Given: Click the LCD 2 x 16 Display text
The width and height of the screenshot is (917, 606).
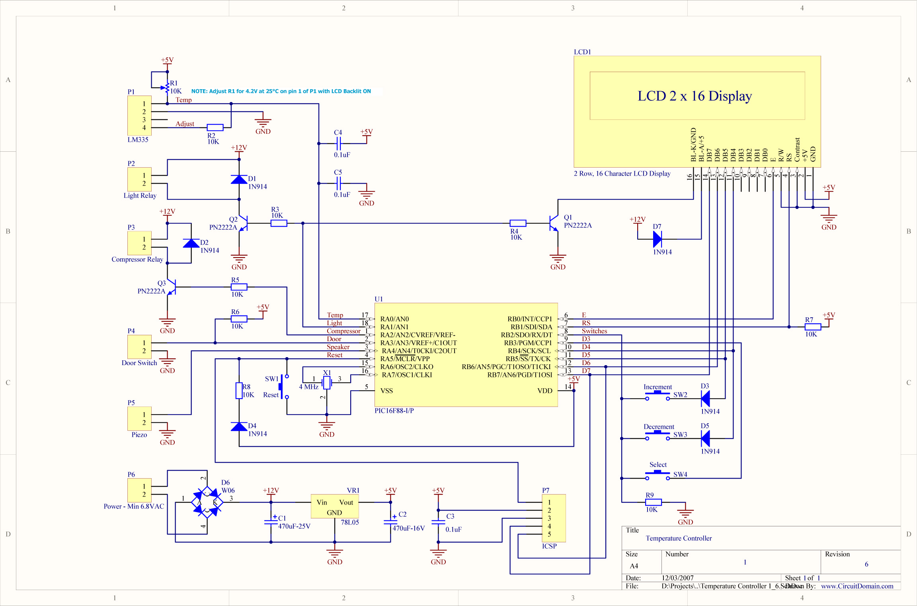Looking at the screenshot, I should click(695, 96).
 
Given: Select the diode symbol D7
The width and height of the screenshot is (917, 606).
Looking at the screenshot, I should click(657, 239).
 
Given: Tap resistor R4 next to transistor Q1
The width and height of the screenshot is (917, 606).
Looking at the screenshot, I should click(518, 223).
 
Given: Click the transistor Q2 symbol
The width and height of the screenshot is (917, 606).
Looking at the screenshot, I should click(243, 223).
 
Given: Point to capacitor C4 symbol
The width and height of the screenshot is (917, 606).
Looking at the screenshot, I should click(338, 143).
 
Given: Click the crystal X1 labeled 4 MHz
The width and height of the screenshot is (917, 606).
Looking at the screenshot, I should click(327, 383).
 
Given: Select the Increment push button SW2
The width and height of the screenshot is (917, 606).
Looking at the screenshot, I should click(657, 395).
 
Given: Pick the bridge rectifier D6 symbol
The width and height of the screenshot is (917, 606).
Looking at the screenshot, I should click(207, 502).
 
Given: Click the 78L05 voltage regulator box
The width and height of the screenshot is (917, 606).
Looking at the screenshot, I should click(334, 506).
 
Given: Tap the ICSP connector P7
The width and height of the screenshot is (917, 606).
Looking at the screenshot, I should click(554, 518).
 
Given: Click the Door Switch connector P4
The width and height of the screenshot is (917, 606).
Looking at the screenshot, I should click(139, 347).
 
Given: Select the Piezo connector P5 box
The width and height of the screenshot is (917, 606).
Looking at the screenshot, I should click(139, 418).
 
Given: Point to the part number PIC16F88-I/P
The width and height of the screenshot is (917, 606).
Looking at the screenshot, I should click(394, 411).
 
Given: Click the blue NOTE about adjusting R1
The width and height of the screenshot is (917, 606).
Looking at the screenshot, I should click(281, 91).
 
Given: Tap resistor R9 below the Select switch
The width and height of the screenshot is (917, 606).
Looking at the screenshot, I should click(653, 502).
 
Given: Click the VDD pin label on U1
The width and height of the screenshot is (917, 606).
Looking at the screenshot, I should click(544, 391).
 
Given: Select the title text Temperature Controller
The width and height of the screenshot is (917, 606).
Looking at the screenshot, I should click(678, 538).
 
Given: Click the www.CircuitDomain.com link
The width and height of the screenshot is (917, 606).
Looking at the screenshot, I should click(857, 586).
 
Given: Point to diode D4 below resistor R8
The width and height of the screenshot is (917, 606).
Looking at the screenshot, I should click(239, 426).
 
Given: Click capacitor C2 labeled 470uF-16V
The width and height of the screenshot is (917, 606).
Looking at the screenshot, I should click(390, 521).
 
